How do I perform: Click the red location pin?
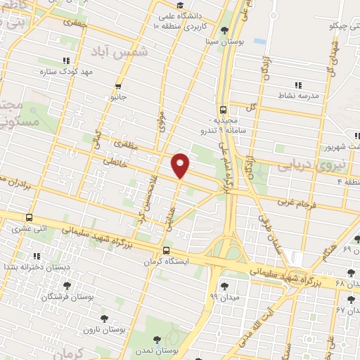tap(181, 165)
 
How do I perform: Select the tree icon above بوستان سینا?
tap(224, 30)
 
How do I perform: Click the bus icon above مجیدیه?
tap(223, 109)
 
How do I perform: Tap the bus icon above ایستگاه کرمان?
tap(167, 250)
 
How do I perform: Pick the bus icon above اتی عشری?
tap(29, 217)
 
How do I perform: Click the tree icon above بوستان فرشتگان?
tap(67, 285)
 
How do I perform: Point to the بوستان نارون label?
tap(103, 329)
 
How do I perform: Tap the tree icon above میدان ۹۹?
tap(224, 285)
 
